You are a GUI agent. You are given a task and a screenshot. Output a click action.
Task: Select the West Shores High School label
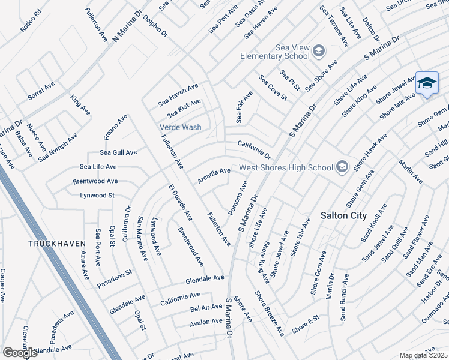pos(286,167)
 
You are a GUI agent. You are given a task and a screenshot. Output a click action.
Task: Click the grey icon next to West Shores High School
pos(342,167)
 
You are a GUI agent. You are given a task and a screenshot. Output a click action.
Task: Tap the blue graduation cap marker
pos(426,83)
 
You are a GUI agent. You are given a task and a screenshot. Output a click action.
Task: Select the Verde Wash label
pos(180,127)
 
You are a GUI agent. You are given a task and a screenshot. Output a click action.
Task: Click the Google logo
pos(20,353)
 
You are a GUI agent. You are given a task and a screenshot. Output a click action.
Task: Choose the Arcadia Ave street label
pos(214,176)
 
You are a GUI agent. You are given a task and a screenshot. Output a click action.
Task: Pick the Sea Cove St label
pos(273,88)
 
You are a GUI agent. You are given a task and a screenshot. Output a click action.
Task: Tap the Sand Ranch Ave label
pos(345,298)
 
